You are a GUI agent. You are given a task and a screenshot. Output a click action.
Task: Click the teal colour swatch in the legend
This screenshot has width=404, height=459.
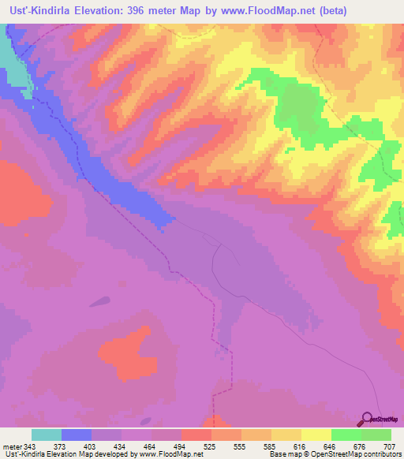click(46, 435)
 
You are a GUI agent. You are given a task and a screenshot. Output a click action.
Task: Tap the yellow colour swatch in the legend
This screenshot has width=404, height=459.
click(316, 435)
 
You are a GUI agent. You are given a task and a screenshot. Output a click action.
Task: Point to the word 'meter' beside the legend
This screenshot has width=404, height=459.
click(10, 446)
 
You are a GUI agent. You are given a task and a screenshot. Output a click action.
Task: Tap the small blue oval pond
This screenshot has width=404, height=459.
click(99, 300)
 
